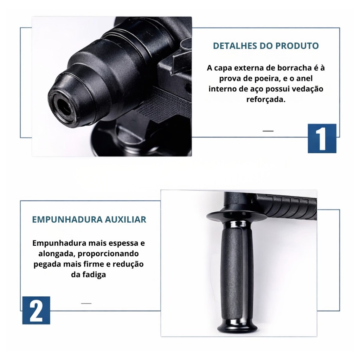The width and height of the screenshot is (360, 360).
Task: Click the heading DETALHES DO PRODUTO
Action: click(266, 46)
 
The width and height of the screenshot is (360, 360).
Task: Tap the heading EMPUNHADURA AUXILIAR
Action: click(89, 219)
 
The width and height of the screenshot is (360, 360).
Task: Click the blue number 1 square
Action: click(322, 139)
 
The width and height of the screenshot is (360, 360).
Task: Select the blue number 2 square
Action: click(36, 310)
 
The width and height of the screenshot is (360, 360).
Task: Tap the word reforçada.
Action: click(266, 99)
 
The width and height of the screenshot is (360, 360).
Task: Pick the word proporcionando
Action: click(108, 254)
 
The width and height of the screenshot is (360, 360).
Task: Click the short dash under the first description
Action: click(268, 131)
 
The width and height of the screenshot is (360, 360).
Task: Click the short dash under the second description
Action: click(86, 303)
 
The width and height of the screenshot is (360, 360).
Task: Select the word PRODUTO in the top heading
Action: click(297, 46)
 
